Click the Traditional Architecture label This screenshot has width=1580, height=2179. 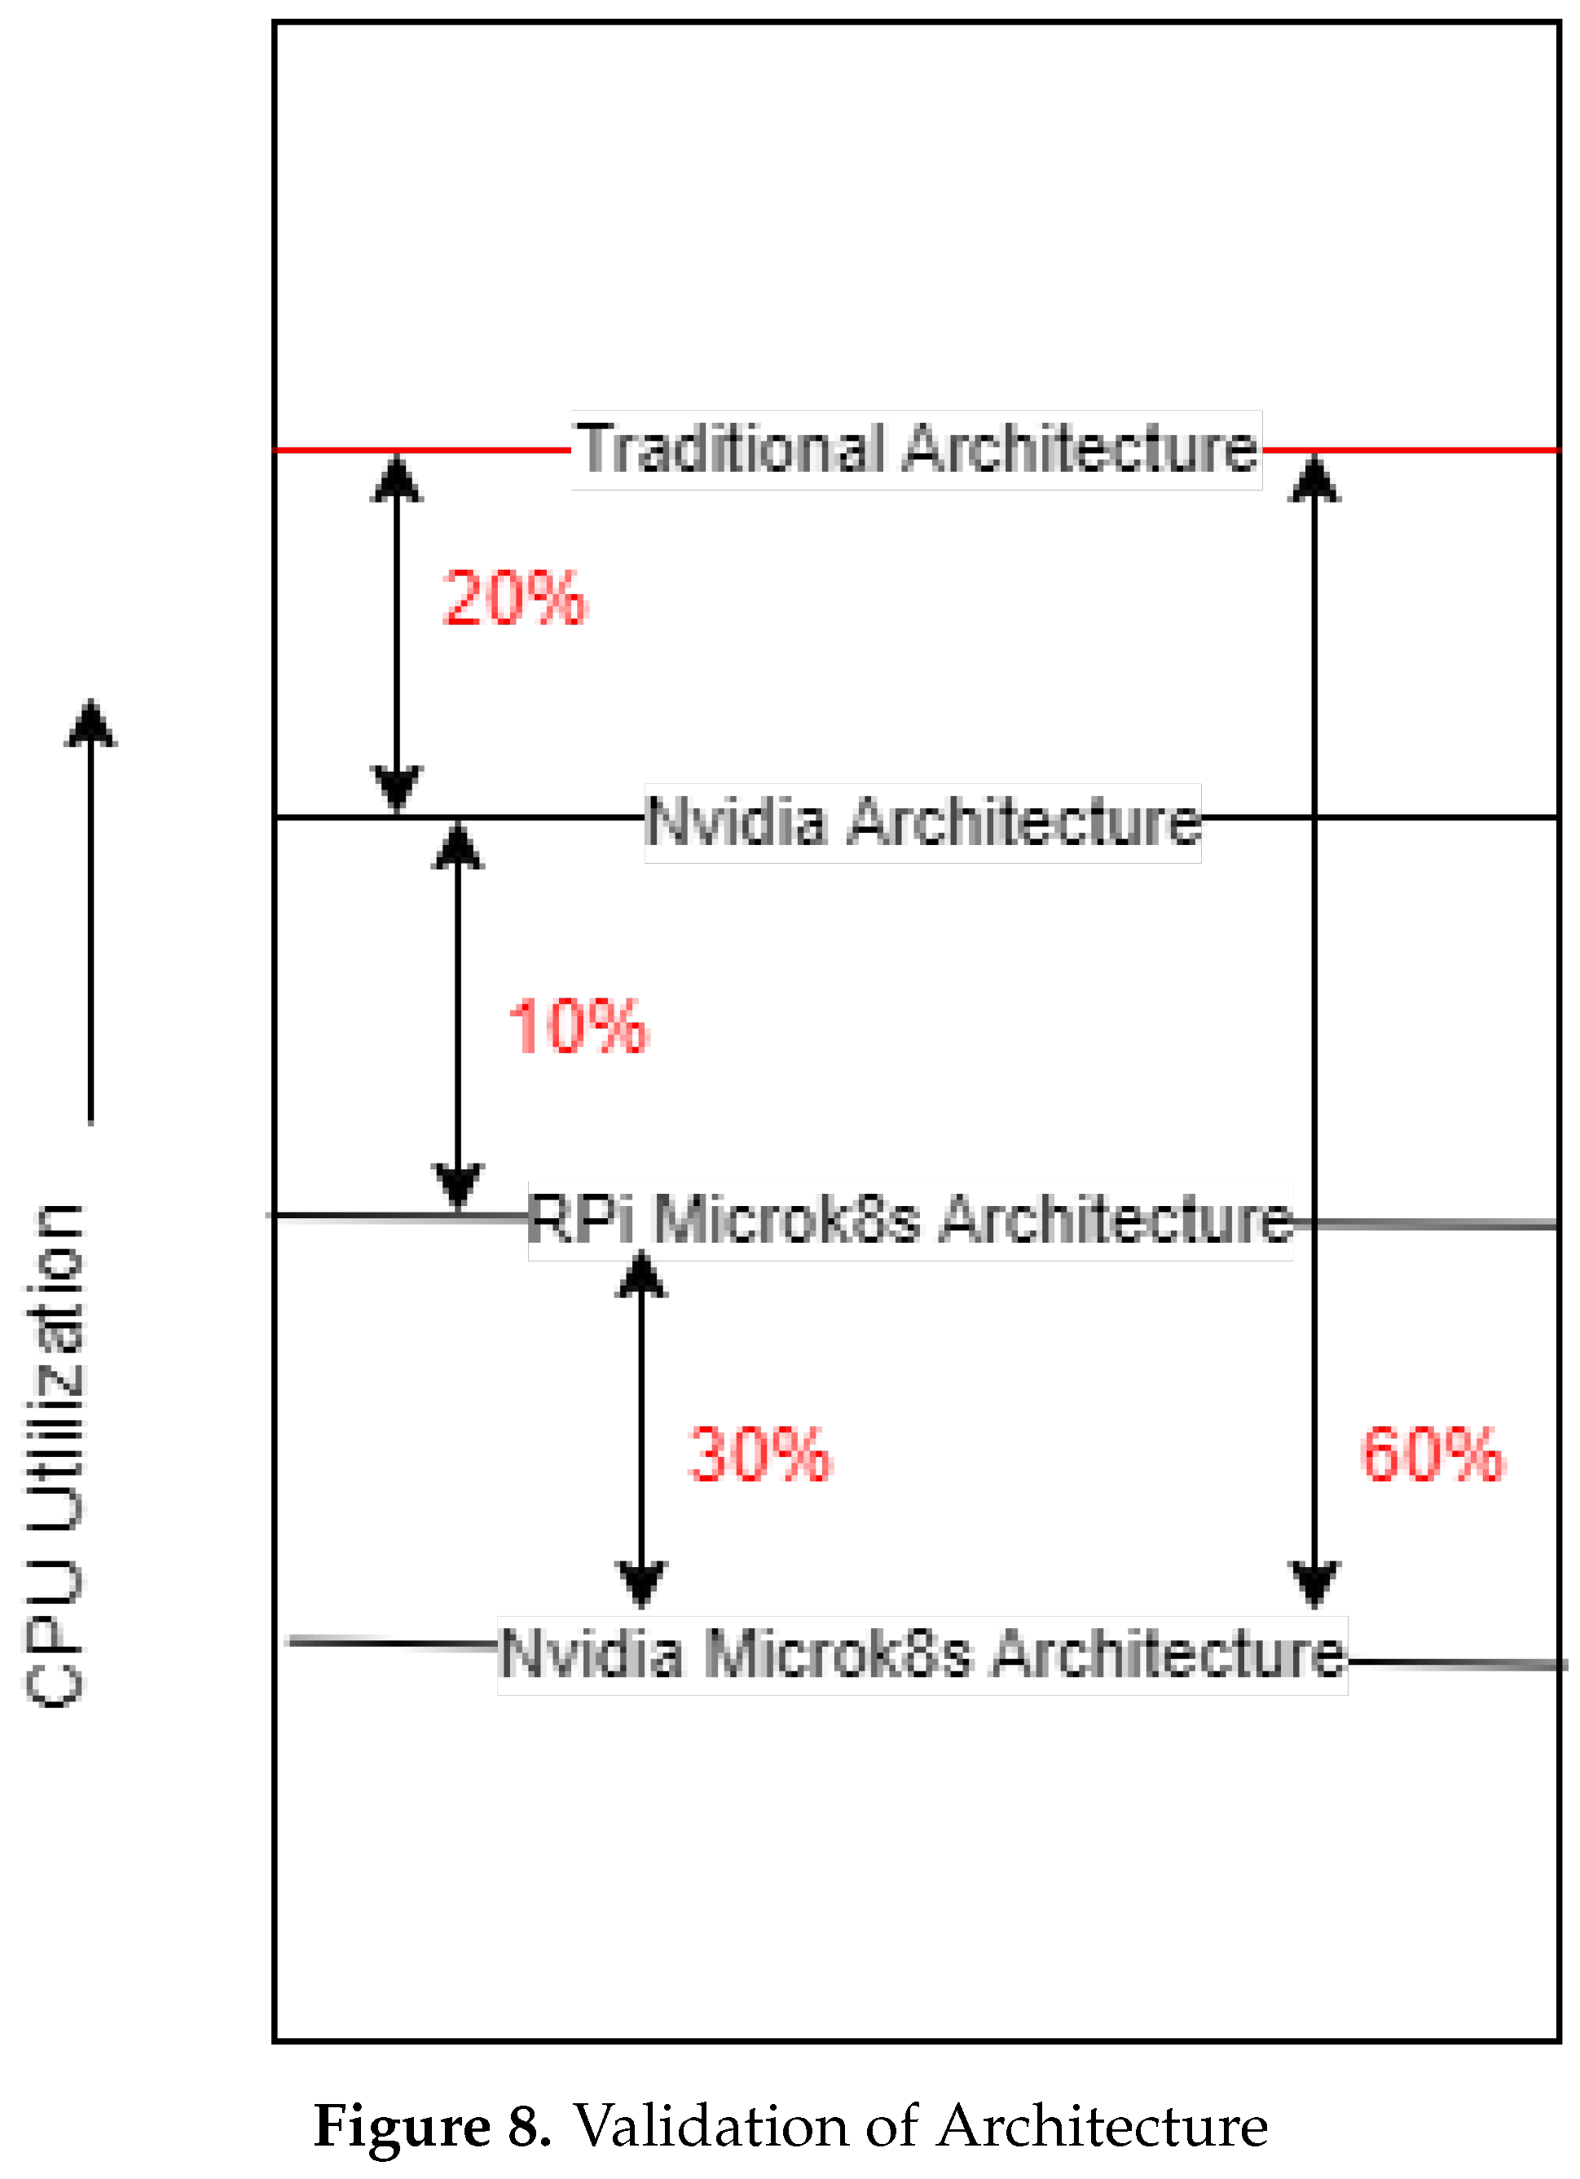pos(918,450)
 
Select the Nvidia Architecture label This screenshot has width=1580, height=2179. pos(922,822)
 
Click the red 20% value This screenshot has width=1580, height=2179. pos(514,599)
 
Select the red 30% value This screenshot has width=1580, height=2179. pos(759,1455)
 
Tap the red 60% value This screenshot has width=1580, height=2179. pos(1432,1455)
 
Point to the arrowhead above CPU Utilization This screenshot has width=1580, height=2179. pos(90,726)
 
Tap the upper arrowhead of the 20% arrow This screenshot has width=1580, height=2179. pos(397,478)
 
